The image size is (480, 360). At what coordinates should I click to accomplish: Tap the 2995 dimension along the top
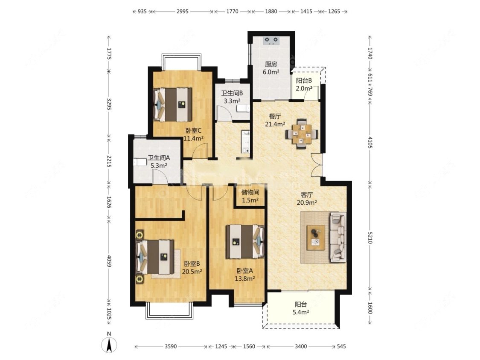183,12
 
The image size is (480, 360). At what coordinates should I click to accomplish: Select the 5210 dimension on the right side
369,237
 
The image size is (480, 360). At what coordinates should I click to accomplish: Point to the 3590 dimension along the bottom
171,346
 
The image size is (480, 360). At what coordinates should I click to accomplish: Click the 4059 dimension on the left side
109,260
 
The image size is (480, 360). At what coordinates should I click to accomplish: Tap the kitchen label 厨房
271,64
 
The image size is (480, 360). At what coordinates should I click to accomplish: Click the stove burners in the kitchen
271,40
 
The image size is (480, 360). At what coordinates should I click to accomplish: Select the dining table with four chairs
302,134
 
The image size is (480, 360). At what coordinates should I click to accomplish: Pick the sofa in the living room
337,237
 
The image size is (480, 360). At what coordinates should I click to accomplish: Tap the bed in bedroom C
173,105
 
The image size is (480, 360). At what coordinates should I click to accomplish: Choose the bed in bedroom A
245,241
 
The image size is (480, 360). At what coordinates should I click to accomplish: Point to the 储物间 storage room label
250,192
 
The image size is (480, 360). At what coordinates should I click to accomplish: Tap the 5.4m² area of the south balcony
301,313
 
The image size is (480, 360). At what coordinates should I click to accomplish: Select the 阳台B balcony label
304,81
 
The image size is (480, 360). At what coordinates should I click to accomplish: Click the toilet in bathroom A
140,161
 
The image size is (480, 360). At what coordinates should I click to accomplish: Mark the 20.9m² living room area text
307,203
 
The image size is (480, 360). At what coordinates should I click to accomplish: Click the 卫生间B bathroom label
232,93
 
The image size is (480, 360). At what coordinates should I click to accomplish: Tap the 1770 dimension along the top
233,12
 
